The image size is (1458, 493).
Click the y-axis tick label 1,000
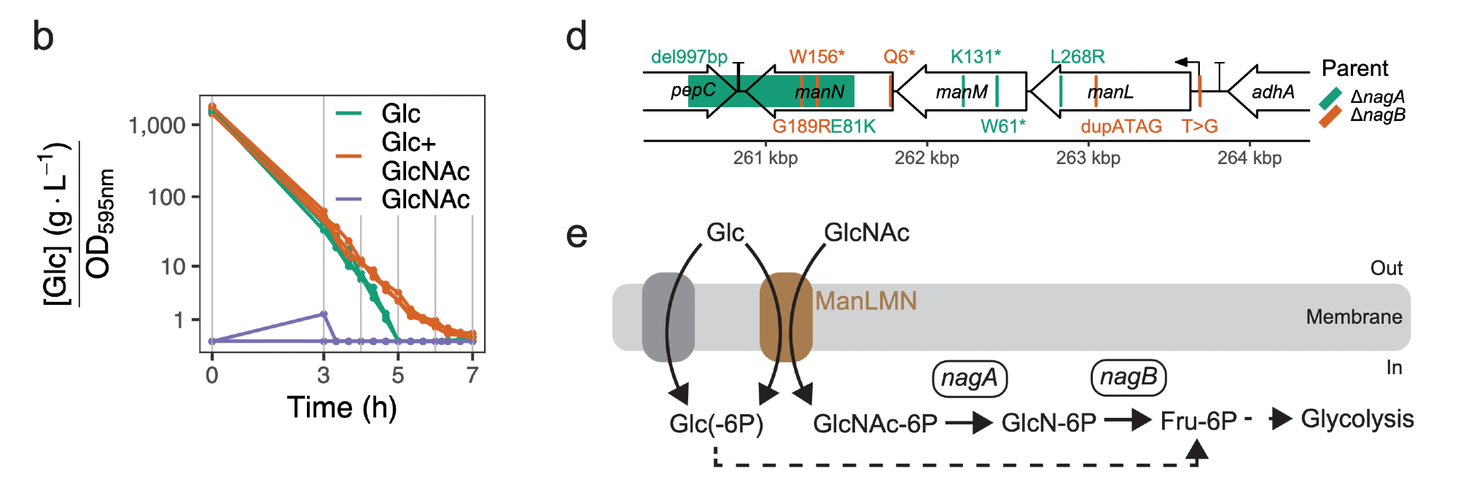point(157,125)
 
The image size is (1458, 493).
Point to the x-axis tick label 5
point(397,376)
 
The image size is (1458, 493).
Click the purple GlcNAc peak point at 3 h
point(324,314)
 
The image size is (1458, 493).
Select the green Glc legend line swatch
point(348,113)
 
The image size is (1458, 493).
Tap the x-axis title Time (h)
point(341,407)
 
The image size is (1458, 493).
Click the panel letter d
point(577,36)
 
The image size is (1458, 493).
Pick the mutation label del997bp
point(689,57)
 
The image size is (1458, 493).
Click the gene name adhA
point(1273,92)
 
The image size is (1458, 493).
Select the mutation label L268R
point(1077,57)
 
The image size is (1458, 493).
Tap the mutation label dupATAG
point(1120,126)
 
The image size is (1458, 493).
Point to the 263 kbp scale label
point(1088,158)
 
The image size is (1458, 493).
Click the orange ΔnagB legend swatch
point(1330,116)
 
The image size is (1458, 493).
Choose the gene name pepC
point(693,90)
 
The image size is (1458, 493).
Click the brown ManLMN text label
point(866,301)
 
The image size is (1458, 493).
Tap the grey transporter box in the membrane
point(668,317)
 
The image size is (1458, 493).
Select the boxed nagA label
point(970,379)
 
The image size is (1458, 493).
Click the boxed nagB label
point(1128,377)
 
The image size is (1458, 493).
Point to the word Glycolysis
point(1357,419)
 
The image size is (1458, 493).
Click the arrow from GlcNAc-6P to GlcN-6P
point(969,422)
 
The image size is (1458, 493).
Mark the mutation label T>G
point(1200,126)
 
